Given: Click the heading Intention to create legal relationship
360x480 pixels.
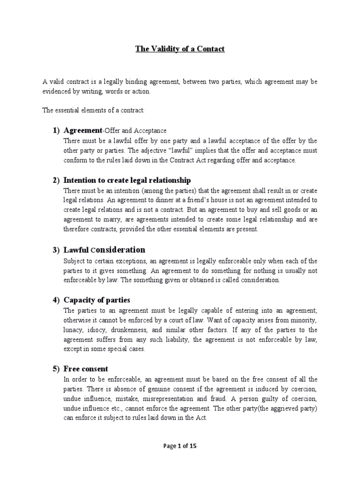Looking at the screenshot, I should click(127, 180).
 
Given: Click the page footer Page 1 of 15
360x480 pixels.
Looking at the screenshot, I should click(180, 446).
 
